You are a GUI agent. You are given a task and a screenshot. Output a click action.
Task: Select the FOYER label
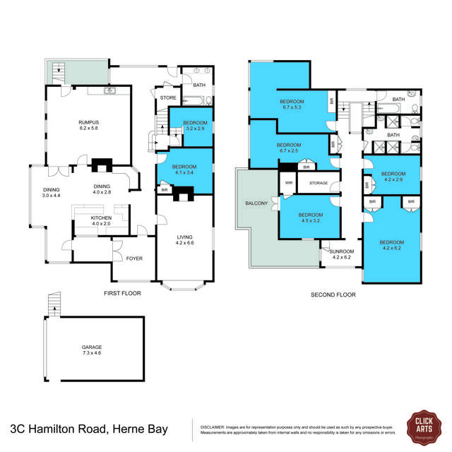point(133,258)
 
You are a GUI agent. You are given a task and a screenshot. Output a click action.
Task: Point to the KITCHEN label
point(101,221)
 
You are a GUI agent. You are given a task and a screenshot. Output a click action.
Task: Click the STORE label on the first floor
point(168,98)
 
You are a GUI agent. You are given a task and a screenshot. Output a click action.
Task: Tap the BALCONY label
point(256,203)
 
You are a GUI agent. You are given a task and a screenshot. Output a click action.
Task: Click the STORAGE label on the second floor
point(318,184)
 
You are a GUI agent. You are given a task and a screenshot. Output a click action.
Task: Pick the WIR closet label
point(288,183)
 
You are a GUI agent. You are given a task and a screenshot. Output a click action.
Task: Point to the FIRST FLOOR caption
point(121,292)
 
